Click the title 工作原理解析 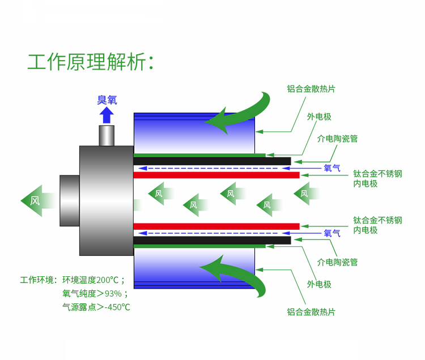coord(90,61)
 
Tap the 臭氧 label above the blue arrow coord(107,100)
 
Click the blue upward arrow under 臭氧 coord(107,115)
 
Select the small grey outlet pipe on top coord(107,135)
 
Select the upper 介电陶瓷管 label coord(338,138)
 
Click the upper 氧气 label coord(332,168)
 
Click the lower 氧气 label coord(332,233)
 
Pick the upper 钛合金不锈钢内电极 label coord(377,178)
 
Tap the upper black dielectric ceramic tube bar coord(212,161)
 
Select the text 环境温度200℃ coord(93,280)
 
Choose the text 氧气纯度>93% coord(94,294)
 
